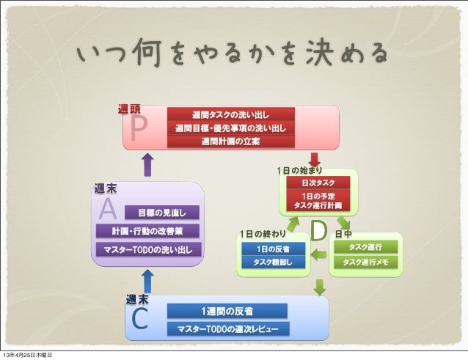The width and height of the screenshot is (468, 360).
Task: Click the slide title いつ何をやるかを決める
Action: [x=233, y=53]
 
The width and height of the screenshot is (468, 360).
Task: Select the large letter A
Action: [x=108, y=210]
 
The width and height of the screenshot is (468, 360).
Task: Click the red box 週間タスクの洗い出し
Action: [x=230, y=115]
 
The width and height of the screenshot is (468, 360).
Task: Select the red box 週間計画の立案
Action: [x=230, y=142]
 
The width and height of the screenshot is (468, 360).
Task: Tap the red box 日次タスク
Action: [x=318, y=182]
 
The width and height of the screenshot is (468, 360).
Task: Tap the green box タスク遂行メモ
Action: [x=365, y=262]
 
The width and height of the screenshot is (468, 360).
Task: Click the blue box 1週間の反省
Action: [x=228, y=311]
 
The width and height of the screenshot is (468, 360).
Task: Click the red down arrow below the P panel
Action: [x=315, y=158]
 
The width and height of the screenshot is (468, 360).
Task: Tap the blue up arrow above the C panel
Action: [x=147, y=280]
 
